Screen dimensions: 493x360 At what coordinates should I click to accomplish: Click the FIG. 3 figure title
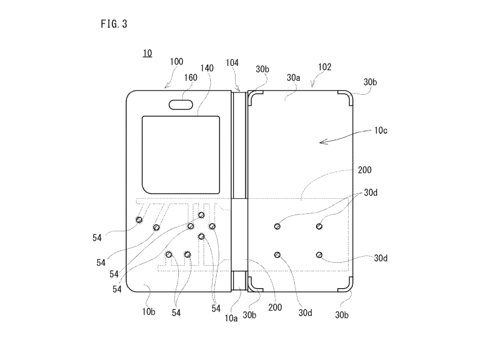coord(114,24)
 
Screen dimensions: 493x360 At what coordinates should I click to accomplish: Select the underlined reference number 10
coord(147,53)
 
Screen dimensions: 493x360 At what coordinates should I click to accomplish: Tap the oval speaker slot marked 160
coord(181,104)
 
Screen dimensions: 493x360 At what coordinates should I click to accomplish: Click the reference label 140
coord(207,68)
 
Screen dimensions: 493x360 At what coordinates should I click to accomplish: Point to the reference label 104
coord(232,63)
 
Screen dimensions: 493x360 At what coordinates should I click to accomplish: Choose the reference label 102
coord(324,67)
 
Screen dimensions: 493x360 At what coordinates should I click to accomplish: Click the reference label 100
coord(176,62)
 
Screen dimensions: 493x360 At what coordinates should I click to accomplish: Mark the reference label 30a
coord(294,78)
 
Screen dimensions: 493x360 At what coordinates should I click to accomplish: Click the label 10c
coord(381,130)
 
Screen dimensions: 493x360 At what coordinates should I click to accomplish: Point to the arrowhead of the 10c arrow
coord(320,143)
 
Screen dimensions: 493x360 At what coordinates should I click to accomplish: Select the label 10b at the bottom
coord(149,312)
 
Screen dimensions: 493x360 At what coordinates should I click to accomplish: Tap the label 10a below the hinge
coord(231,318)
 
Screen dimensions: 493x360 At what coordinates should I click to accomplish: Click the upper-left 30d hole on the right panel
coord(277,227)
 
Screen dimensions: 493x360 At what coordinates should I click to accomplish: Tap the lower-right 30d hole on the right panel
coord(319,255)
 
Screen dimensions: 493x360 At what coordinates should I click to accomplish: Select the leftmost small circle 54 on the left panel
coord(139,220)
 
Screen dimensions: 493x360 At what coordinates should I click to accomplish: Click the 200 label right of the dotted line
coord(365,170)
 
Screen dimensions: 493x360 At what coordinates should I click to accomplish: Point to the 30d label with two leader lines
coord(371,193)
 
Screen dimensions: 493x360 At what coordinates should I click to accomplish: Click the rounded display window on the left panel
coord(181,155)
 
